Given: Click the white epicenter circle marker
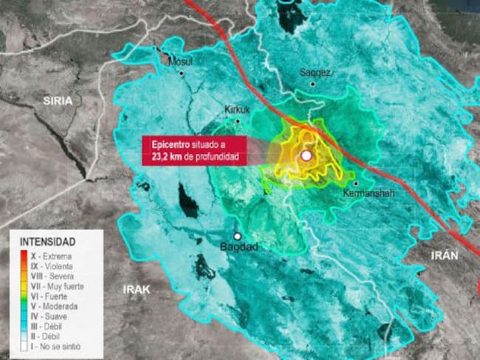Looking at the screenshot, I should (306, 156).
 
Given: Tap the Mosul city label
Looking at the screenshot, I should (180, 62).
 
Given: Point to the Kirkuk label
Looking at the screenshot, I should (237, 109).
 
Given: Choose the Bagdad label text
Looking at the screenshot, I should (239, 247).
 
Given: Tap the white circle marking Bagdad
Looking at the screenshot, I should (238, 236).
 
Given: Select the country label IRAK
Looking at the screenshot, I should (137, 291).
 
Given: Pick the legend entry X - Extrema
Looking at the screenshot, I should (51, 257).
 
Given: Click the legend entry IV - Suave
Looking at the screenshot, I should (47, 316).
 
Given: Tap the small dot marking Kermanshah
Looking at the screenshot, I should (355, 183).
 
